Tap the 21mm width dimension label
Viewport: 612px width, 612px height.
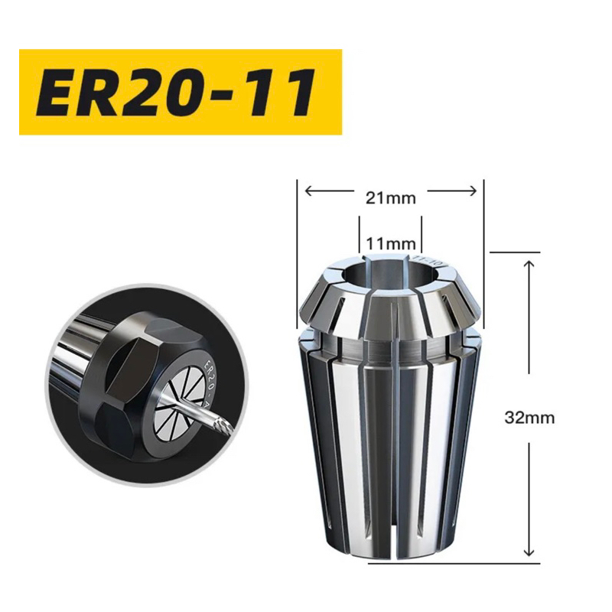[390, 199]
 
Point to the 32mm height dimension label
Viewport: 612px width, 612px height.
[529, 418]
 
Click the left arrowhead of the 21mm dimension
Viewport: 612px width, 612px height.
[308, 190]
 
